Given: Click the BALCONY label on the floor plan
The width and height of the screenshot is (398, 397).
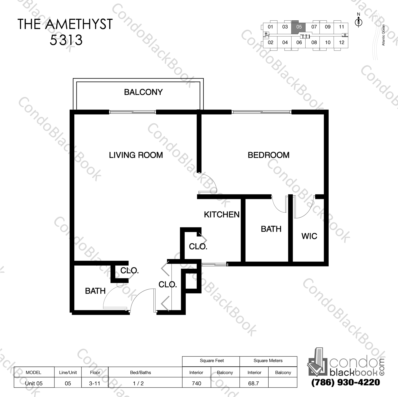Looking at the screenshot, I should click(143, 92).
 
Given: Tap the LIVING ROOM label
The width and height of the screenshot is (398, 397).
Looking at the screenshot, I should click(136, 155).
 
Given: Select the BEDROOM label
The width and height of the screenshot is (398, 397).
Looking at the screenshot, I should click(268, 155).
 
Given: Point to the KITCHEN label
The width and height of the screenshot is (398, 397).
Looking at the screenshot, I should click(221, 214).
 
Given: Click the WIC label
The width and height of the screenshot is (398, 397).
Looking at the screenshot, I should click(309, 236).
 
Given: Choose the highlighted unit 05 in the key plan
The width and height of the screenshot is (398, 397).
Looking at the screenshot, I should click(299, 27).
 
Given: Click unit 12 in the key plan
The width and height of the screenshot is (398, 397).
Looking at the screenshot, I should click(341, 42).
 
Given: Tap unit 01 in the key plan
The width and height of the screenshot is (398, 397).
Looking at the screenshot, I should click(270, 27).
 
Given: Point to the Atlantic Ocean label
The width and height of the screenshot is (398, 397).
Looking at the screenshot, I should click(383, 35).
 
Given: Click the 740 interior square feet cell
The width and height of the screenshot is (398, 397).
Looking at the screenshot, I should click(196, 383).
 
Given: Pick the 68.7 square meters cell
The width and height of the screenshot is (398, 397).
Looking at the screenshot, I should click(254, 383).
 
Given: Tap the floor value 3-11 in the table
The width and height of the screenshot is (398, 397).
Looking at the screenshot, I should click(94, 383).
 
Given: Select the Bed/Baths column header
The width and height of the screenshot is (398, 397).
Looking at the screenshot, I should click(141, 372).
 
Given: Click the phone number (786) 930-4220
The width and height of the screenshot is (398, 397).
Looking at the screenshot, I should click(346, 382).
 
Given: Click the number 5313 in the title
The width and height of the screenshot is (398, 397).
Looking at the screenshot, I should click(66, 40).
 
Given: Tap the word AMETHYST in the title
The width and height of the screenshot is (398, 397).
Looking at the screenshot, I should click(79, 24).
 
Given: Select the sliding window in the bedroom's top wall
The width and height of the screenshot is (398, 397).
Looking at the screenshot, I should click(261, 112).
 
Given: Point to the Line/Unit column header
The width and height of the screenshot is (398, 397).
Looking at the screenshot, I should click(68, 372).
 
